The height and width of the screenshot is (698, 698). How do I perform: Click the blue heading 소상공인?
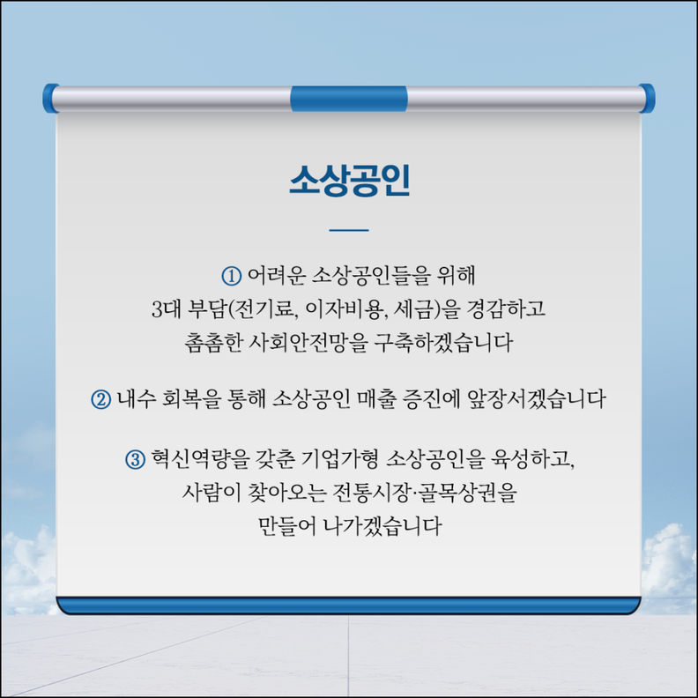coord(350,181)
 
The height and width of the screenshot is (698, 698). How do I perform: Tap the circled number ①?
coord(232,276)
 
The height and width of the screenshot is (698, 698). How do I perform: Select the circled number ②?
coord(101,399)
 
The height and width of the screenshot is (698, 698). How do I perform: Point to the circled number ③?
coord(136,459)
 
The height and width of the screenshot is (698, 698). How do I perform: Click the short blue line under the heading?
coord(349,230)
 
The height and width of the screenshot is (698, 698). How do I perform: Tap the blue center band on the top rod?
coord(349,99)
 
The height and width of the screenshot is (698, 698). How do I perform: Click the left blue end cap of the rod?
coord(51,98)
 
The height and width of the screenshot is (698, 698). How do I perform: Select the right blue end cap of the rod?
coord(647,98)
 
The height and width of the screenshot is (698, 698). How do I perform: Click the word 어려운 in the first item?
coord(277,276)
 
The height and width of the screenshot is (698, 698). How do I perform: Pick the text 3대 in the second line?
coord(165,308)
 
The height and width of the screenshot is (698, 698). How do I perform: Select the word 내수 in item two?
coord(137,399)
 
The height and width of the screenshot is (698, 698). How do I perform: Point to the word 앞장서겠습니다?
coord(537,399)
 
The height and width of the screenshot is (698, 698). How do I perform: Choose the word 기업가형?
coord(339,459)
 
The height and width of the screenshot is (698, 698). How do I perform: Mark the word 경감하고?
coord(505,308)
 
